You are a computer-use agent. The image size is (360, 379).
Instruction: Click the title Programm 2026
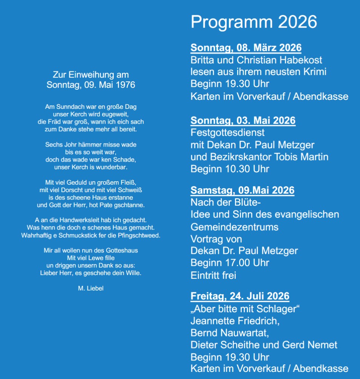coord(254,22)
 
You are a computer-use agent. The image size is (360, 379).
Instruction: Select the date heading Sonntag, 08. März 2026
coord(246,48)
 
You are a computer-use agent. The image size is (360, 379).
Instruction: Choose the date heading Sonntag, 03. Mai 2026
coord(243,121)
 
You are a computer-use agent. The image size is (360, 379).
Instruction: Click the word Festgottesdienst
coord(227,133)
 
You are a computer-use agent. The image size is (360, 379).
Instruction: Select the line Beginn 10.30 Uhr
coord(230,169)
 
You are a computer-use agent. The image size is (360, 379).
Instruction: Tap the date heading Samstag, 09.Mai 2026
coord(242,190)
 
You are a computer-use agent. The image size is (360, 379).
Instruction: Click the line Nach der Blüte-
coord(226,203)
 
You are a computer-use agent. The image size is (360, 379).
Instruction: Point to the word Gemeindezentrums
coord(234,227)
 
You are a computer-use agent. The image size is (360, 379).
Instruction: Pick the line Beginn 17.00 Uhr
coord(230,263)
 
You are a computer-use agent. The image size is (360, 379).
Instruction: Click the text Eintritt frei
coord(213,275)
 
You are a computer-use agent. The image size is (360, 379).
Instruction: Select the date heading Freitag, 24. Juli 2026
coord(240,296)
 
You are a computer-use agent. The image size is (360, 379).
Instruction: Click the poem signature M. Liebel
coord(90,288)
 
